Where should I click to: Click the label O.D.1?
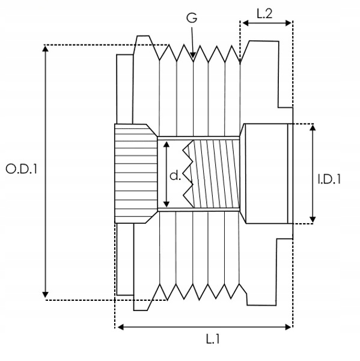point(21,169)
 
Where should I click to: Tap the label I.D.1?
point(329,179)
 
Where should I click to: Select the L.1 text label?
point(213,339)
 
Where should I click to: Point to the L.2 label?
point(264,14)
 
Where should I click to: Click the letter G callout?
point(192,17)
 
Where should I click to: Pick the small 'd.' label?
point(175,176)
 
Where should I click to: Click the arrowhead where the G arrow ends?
point(193,55)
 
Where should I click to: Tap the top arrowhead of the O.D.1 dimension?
point(46,49)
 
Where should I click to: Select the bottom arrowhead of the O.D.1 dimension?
point(45,295)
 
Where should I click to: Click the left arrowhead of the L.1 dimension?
point(121,327)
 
